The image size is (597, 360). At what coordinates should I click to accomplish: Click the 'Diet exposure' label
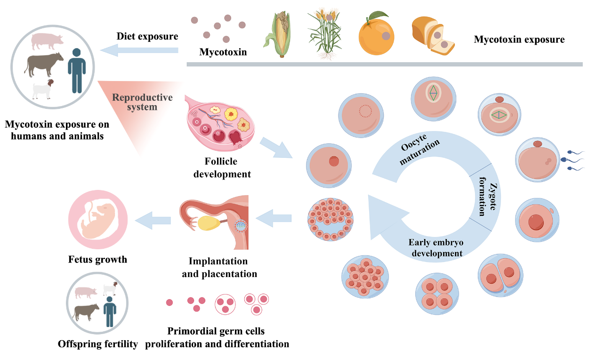pos(147,36)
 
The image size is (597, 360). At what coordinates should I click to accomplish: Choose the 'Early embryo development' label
pos(435,248)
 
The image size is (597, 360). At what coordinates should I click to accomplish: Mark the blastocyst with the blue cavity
pos(330,219)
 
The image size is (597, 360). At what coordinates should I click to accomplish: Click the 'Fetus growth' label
pos(97,259)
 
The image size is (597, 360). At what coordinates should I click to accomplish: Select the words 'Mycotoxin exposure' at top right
pos(519,40)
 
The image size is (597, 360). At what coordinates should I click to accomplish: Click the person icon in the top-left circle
pos(77,70)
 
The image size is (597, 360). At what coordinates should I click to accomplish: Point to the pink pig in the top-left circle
pos(47,41)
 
